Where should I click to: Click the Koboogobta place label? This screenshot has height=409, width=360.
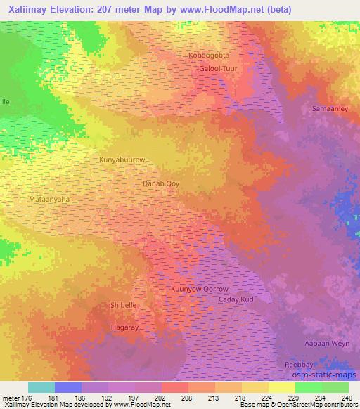pos(210,55)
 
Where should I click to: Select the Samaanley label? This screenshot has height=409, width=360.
pos(330,109)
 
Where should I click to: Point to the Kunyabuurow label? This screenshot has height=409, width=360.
pos(122,160)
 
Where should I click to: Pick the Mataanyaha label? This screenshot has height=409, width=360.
pos(50,199)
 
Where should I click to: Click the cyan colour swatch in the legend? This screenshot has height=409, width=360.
pos(41,387)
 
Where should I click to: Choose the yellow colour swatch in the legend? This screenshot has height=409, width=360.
pos(282,387)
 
